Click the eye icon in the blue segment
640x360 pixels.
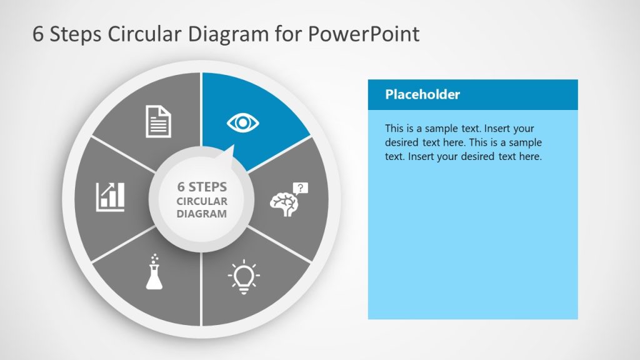[243, 122]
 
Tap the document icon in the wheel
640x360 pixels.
[158, 121]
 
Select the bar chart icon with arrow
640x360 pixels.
[110, 196]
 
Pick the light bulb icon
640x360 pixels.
[244, 275]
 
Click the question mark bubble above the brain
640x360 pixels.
[301, 187]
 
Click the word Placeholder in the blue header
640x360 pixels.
[422, 95]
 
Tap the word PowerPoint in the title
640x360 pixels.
[363, 34]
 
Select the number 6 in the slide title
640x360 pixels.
[38, 34]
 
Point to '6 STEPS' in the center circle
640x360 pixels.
[202, 187]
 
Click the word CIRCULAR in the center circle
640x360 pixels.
[202, 201]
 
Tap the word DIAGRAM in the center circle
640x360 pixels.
[202, 214]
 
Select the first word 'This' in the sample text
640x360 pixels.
[395, 129]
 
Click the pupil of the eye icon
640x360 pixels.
[243, 122]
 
